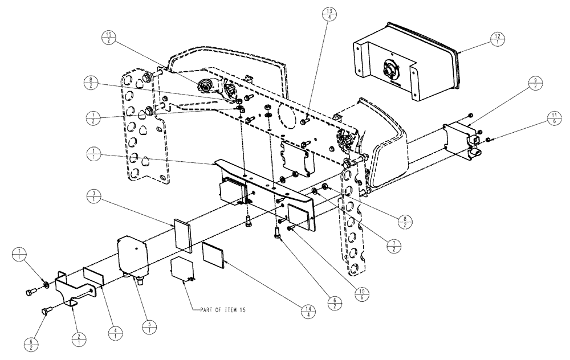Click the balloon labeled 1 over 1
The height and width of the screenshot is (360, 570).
[x=92, y=153]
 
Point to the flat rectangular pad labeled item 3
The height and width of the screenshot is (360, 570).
[x=183, y=236]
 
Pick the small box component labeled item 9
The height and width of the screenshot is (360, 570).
[x=461, y=139]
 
